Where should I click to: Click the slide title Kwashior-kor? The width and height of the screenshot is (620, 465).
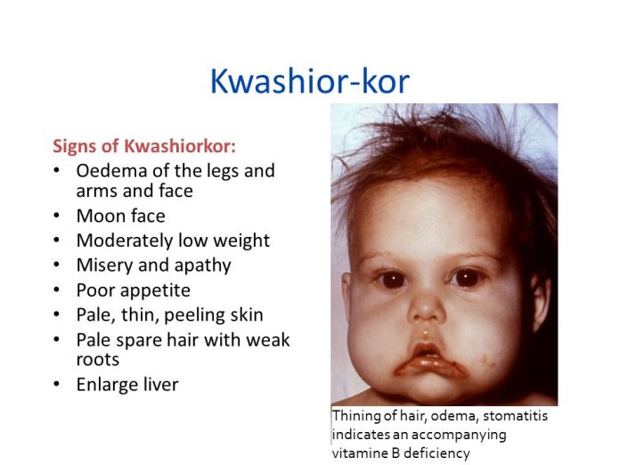pos(309,82)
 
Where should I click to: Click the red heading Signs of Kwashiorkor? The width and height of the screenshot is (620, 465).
pos(144,145)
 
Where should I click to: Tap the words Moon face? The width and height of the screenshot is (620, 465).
pos(120,216)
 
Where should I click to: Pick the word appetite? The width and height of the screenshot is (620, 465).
pos(154,290)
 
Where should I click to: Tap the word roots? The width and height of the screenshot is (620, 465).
pos(97,359)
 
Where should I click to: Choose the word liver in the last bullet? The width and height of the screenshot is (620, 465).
pos(157,385)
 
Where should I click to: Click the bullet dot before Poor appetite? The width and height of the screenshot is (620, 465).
pos(58,290)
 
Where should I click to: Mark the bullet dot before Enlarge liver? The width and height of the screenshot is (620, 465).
pos(58,385)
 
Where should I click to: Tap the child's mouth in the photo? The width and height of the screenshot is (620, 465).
pos(428,360)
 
